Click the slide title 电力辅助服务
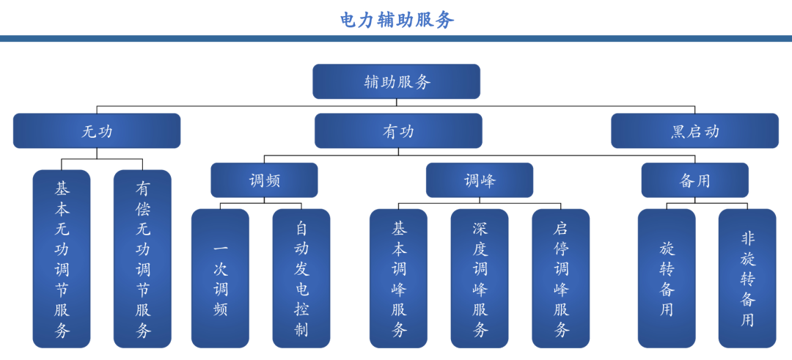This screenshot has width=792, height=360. pyautogui.click(x=397, y=20)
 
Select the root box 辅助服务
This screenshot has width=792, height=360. pyautogui.click(x=397, y=81)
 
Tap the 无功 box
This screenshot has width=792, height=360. pyautogui.click(x=97, y=131)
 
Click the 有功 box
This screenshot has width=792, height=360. pyautogui.click(x=398, y=131)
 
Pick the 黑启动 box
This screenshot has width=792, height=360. pyautogui.click(x=694, y=131)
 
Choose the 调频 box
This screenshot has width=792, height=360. pyautogui.click(x=264, y=180)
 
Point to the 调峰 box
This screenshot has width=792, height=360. pyautogui.click(x=480, y=180)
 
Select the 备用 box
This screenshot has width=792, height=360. pyautogui.click(x=694, y=180)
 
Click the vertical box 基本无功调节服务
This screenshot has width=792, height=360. pyautogui.click(x=62, y=259)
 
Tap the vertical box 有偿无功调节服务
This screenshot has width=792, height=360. pyautogui.click(x=143, y=259)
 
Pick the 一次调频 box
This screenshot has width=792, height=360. pyautogui.click(x=220, y=279)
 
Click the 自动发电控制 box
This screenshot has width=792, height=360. pyautogui.click(x=301, y=279)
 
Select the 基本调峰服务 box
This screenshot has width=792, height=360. pyautogui.click(x=399, y=279)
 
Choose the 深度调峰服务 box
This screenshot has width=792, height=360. pyautogui.click(x=480, y=279)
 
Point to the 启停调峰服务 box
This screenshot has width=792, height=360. pyautogui.click(x=561, y=279)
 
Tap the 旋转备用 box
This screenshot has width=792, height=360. pyautogui.click(x=666, y=279)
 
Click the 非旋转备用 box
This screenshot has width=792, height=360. pyautogui.click(x=747, y=279)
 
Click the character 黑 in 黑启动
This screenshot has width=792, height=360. pyautogui.click(x=678, y=132)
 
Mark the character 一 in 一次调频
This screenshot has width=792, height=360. pyautogui.click(x=221, y=249)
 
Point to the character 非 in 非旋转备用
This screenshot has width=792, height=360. pyautogui.click(x=747, y=238)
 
